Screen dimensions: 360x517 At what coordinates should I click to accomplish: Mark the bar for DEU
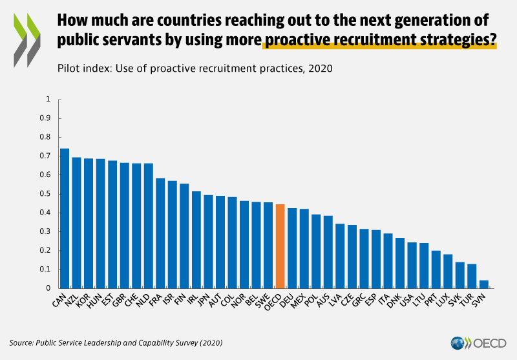tap(292, 248)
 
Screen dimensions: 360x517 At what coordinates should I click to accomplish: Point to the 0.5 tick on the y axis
tap(46, 194)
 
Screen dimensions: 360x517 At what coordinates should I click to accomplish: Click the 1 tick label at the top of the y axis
tap(48, 100)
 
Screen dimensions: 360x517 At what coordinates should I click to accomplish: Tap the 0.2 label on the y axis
tap(46, 251)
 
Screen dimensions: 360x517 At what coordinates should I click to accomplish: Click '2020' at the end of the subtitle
tap(320, 68)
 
